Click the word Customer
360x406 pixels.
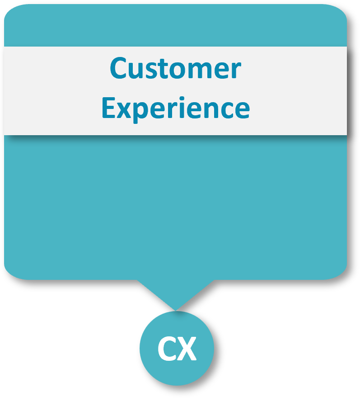175,69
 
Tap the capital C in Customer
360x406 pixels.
118,69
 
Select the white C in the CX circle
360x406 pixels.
166,349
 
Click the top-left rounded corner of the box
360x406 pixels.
11,12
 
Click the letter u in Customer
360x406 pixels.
137,71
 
